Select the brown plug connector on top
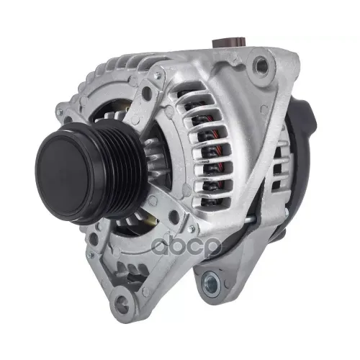[x=230, y=42]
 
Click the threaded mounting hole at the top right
[x=261, y=63]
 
